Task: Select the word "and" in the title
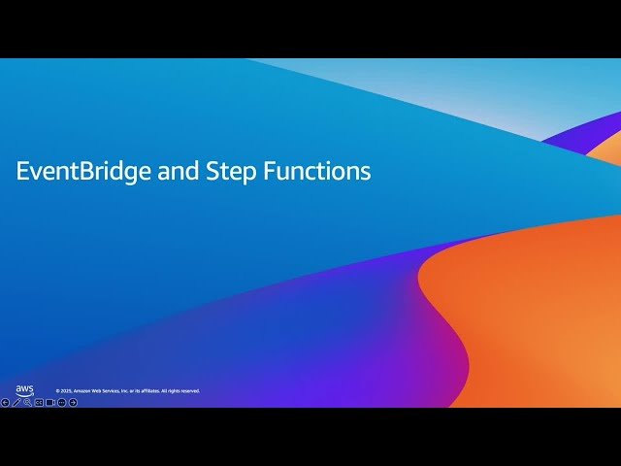tap(173, 172)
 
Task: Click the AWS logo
tap(24, 390)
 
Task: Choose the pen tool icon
tap(16, 402)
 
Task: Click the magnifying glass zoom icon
tap(27, 402)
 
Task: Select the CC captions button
tap(39, 402)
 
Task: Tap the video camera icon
tap(49, 402)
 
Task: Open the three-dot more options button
tap(61, 402)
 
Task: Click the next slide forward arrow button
tap(73, 402)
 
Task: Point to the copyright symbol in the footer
tap(57, 391)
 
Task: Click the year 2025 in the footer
tap(65, 391)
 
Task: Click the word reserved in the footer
tap(191, 391)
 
